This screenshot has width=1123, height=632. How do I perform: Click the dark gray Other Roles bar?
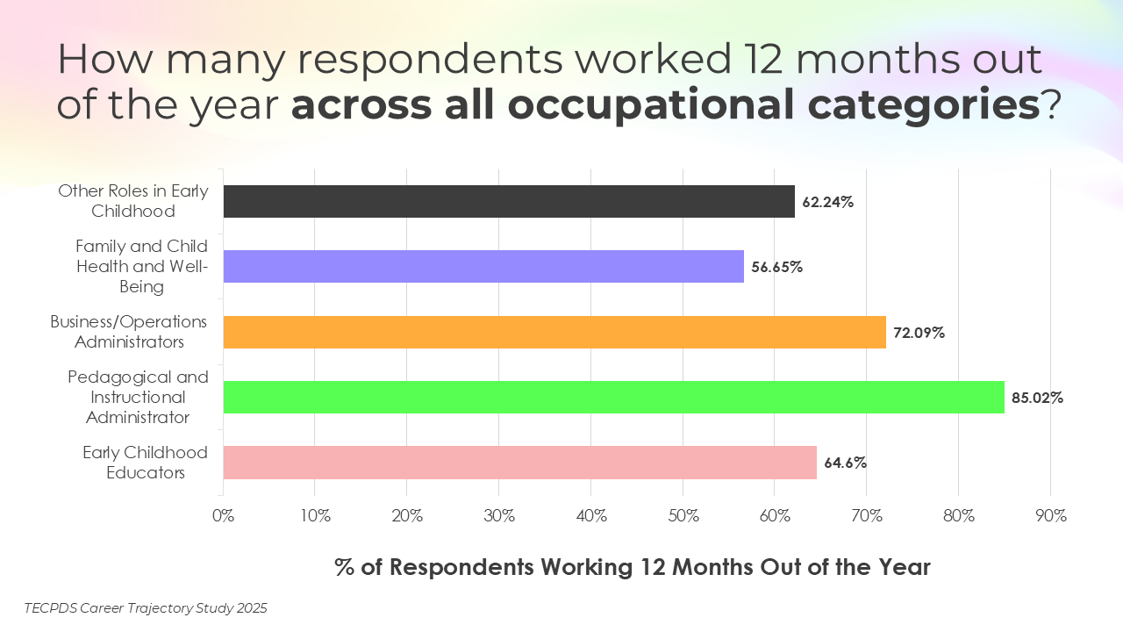pyautogui.click(x=509, y=201)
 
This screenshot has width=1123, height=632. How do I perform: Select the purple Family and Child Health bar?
pyautogui.click(x=483, y=266)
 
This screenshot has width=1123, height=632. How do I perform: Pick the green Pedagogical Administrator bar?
pyautogui.click(x=613, y=397)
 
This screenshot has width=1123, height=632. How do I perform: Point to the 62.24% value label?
pyautogui.click(x=827, y=202)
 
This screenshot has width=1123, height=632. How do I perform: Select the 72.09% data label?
pyautogui.click(x=919, y=333)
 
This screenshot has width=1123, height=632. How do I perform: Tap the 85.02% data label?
pyautogui.click(x=1037, y=398)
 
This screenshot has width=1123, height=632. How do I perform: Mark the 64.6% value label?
pyautogui.click(x=845, y=463)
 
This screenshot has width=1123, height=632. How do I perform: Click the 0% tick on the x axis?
pyautogui.click(x=224, y=516)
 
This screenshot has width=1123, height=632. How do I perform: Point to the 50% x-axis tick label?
pyautogui.click(x=683, y=516)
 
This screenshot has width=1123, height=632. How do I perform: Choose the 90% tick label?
pyautogui.click(x=1050, y=516)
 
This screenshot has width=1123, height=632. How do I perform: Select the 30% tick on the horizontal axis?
pyautogui.click(x=499, y=516)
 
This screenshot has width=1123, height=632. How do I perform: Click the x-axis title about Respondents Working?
pyautogui.click(x=632, y=567)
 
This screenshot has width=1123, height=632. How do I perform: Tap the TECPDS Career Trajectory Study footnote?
pyautogui.click(x=146, y=607)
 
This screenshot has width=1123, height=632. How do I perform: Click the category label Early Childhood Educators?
pyautogui.click(x=145, y=463)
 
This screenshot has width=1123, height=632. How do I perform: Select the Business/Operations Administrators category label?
pyautogui.click(x=128, y=332)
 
